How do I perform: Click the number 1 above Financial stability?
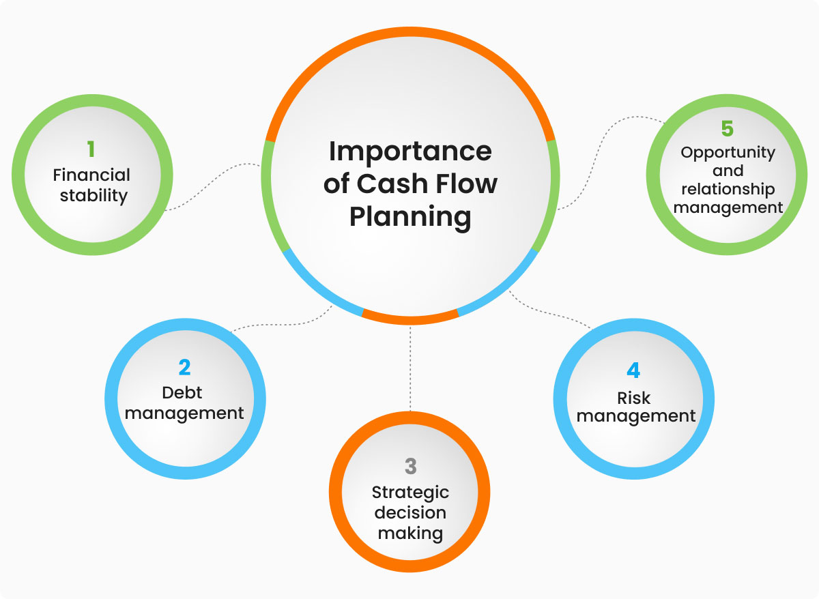click(91, 149)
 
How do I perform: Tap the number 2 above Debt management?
click(184, 368)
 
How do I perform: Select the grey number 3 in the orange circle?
click(409, 466)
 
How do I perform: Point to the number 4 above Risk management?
click(633, 370)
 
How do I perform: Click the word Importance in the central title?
click(409, 151)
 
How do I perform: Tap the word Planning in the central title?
click(409, 216)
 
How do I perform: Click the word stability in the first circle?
click(94, 196)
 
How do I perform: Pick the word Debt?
click(182, 393)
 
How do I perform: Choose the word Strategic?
click(409, 492)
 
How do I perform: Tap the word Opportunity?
click(728, 152)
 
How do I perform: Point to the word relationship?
click(728, 189)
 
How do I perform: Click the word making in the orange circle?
click(409, 533)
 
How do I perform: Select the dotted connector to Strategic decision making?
click(410, 368)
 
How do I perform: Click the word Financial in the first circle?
click(91, 175)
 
